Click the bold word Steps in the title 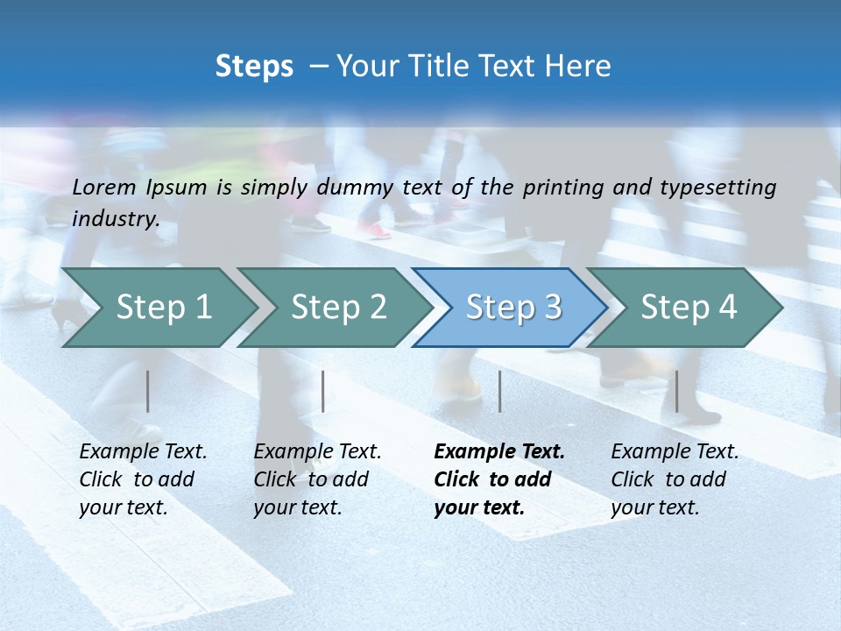pos(254,67)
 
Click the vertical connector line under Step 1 pos(148,391)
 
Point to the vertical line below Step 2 pos(323,391)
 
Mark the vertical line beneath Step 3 pos(499,391)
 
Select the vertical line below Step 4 pos(676,391)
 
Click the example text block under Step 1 pos(142,479)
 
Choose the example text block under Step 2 pos(316,479)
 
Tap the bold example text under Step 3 pos(498,479)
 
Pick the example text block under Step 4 pos(674,479)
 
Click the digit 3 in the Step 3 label pos(551,307)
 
